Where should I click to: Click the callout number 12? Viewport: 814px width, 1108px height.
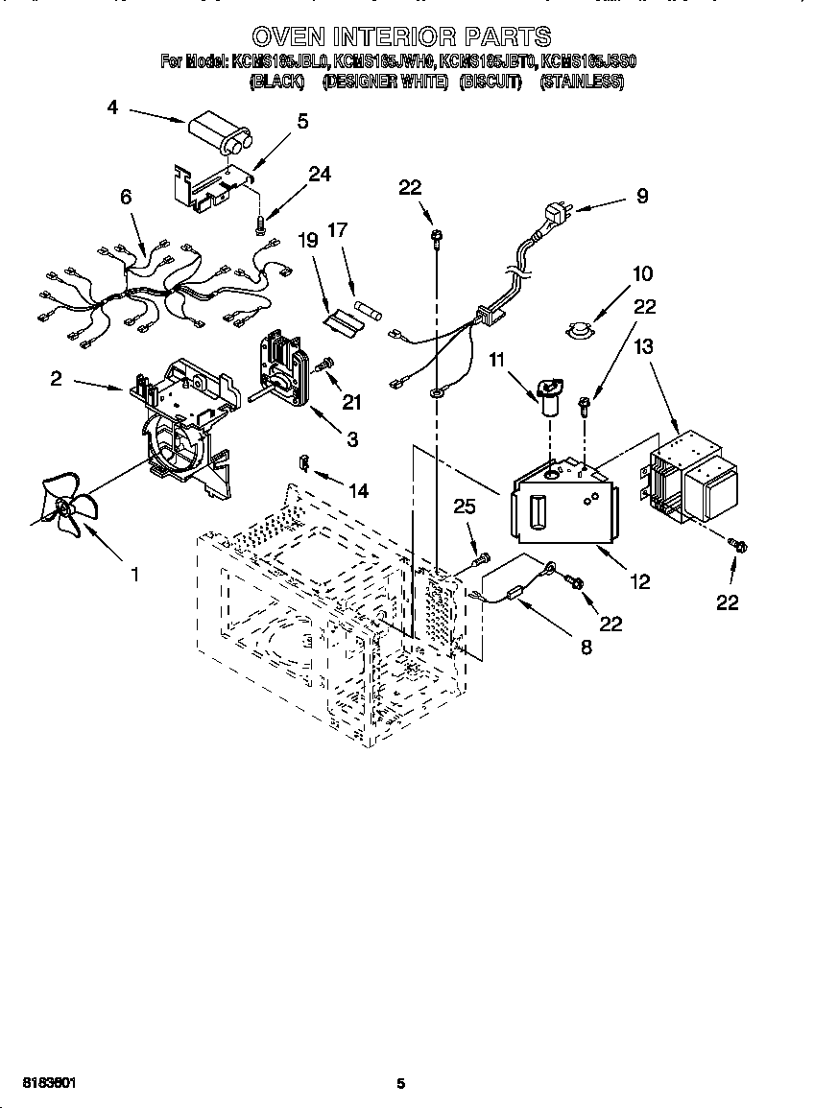point(640,581)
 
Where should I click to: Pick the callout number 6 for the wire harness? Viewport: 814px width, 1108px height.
point(125,197)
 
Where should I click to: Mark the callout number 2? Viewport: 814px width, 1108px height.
point(57,379)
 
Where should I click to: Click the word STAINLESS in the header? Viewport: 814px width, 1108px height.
point(582,83)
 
